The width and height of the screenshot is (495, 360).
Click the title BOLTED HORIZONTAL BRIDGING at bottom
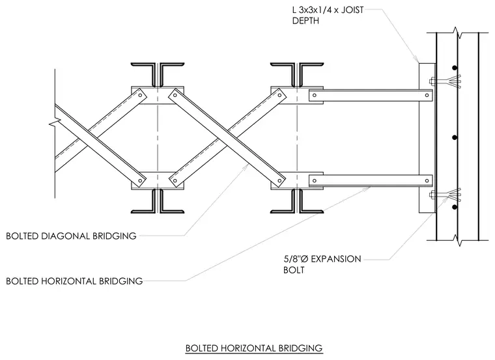click(254, 348)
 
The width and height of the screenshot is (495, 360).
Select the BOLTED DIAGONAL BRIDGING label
click(71, 236)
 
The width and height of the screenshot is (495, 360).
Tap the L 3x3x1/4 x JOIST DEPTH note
click(328, 15)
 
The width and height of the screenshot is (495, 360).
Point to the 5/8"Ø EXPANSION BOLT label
click(322, 264)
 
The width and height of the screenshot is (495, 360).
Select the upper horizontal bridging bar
click(371, 95)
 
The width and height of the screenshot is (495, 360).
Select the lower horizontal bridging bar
click(371, 180)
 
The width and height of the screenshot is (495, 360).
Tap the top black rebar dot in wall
click(454, 68)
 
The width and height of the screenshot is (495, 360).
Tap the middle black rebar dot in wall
click(455, 137)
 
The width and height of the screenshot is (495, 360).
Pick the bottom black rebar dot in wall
click(455, 207)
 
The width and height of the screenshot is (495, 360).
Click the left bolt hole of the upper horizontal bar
click(315, 95)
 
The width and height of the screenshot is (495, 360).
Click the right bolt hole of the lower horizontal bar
click(427, 181)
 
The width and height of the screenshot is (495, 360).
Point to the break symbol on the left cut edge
click(55, 122)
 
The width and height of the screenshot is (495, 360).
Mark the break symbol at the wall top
click(457, 33)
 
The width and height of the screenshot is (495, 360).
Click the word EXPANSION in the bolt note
click(336, 259)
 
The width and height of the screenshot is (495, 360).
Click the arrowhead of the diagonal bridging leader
click(247, 165)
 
